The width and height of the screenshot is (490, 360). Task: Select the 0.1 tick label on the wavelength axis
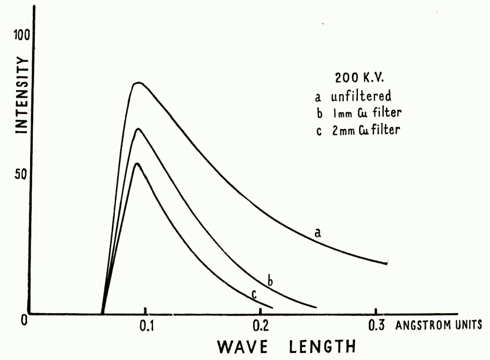tap(147, 326)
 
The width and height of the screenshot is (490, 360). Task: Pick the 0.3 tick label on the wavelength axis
tap(377, 326)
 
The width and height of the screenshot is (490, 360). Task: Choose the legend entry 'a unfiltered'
tap(353, 97)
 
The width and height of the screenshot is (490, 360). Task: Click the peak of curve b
tap(138, 129)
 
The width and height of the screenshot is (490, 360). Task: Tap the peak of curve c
tap(137, 163)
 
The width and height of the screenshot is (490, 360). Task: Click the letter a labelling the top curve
tap(318, 232)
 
